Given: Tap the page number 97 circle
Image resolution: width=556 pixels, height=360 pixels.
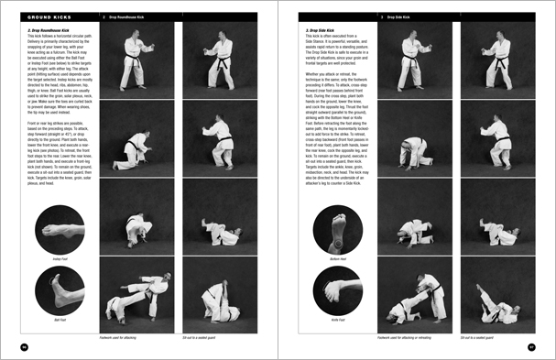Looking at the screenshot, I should click(x=531, y=346).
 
